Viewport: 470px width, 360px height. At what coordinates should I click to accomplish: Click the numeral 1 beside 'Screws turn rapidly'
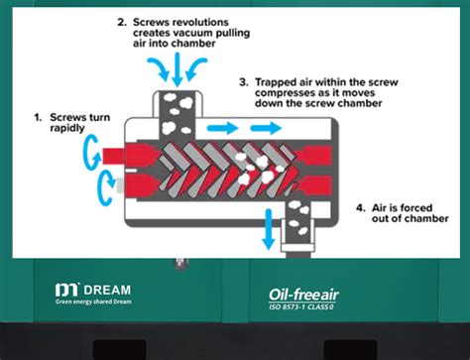38,117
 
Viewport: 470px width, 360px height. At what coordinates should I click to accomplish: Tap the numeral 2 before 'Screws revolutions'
122,21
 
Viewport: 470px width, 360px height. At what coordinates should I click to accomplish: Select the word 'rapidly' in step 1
65,129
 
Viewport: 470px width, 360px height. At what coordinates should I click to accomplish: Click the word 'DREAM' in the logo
107,289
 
